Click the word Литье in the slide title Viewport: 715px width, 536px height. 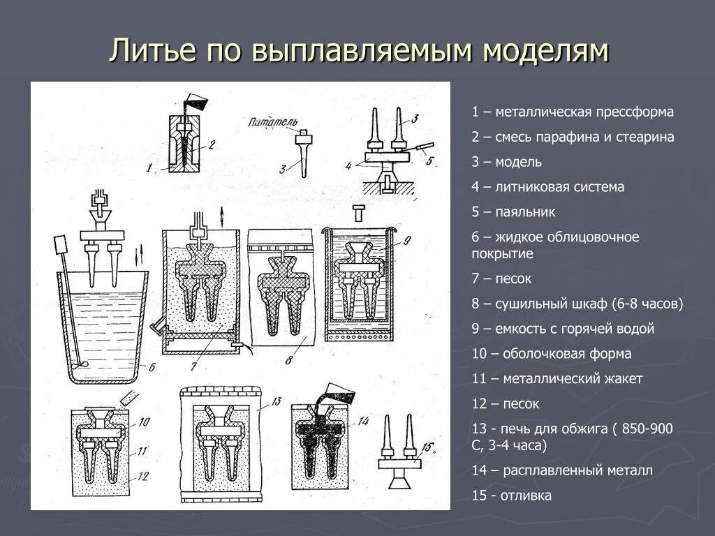point(152,52)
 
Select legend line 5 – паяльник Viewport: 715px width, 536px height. point(513,212)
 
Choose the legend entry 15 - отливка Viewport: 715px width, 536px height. point(511,496)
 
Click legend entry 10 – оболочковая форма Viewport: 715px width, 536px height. point(551,354)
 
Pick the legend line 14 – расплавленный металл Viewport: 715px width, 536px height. point(562,470)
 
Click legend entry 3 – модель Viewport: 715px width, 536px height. point(506,162)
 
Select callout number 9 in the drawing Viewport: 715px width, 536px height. point(407,241)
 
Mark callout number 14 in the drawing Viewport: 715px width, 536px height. point(363,422)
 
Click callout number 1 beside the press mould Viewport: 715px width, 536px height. point(149,167)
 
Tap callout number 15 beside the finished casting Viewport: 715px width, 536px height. point(427,447)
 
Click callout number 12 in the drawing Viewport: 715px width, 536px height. point(142,477)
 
